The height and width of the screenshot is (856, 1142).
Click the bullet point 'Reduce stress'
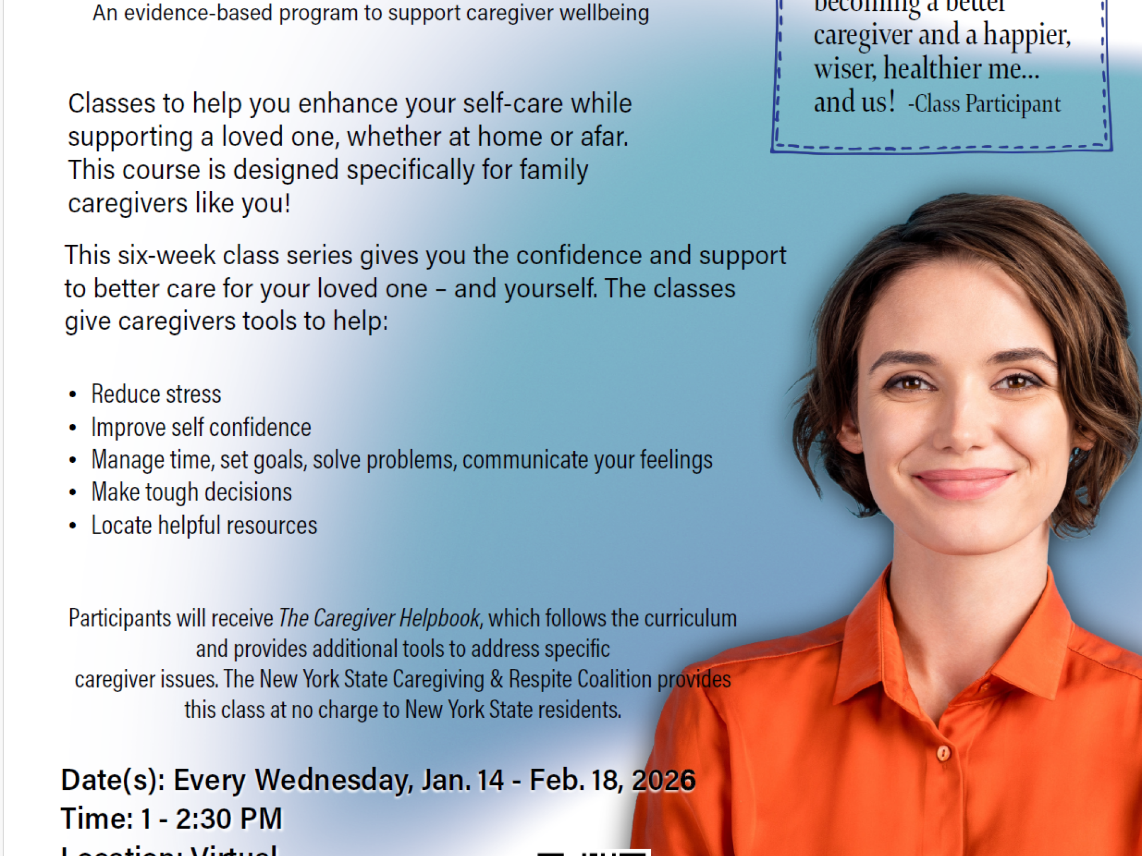[156, 394]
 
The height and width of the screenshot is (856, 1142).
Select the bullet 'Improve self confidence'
[201, 427]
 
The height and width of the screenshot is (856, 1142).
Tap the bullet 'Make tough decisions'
[191, 492]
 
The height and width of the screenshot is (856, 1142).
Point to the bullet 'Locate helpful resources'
[204, 525]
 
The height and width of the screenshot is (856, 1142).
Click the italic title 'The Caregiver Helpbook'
[379, 618]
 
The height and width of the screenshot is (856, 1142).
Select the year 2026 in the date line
[664, 780]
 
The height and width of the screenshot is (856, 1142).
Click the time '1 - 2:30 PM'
[212, 818]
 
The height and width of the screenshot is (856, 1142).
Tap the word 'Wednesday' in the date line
[333, 780]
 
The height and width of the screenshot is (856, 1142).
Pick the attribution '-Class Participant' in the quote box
[984, 104]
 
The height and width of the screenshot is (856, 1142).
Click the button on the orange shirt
[943, 753]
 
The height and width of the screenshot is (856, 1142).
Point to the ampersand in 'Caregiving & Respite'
[496, 679]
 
